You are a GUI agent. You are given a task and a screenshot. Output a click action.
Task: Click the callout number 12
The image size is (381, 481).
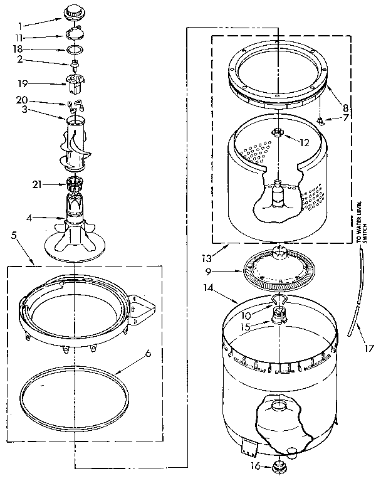[305, 142]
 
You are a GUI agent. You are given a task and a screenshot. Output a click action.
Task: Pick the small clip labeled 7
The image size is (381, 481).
[320, 119]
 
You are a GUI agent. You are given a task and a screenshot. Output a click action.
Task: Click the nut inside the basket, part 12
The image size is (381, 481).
[276, 132]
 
